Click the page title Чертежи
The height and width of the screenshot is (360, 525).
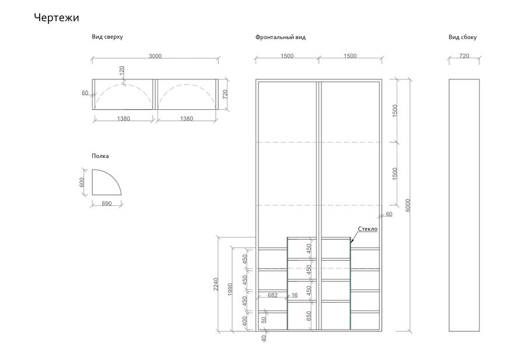pyautogui.click(x=57, y=18)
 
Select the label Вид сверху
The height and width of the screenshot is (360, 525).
pyautogui.click(x=107, y=37)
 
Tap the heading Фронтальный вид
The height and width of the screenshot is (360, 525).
pyautogui.click(x=281, y=37)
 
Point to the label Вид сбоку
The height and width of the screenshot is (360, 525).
pyautogui.click(x=463, y=37)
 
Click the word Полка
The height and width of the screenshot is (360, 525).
pyautogui.click(x=100, y=156)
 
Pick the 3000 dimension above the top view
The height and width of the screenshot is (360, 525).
pyautogui.click(x=155, y=56)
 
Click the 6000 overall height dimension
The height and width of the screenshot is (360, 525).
pyautogui.click(x=408, y=205)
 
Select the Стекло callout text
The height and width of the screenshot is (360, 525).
pyautogui.click(x=367, y=229)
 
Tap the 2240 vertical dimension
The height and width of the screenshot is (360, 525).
pyautogui.click(x=216, y=284)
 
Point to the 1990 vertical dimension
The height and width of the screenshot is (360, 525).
pyautogui.click(x=230, y=289)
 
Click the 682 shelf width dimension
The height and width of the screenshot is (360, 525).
pyautogui.click(x=272, y=295)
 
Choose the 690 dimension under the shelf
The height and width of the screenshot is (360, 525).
pyautogui.click(x=107, y=204)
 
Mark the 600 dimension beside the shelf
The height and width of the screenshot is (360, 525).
pyautogui.click(x=82, y=183)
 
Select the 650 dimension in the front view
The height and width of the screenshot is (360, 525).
pyautogui.click(x=309, y=316)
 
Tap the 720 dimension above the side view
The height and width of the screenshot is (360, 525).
pyautogui.click(x=464, y=56)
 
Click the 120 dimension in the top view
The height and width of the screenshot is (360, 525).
pyautogui.click(x=122, y=71)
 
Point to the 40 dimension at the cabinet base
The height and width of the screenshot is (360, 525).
pyautogui.click(x=264, y=338)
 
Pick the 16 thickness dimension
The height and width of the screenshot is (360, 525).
pyautogui.click(x=295, y=295)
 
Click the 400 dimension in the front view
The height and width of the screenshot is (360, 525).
pyautogui.click(x=244, y=321)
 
